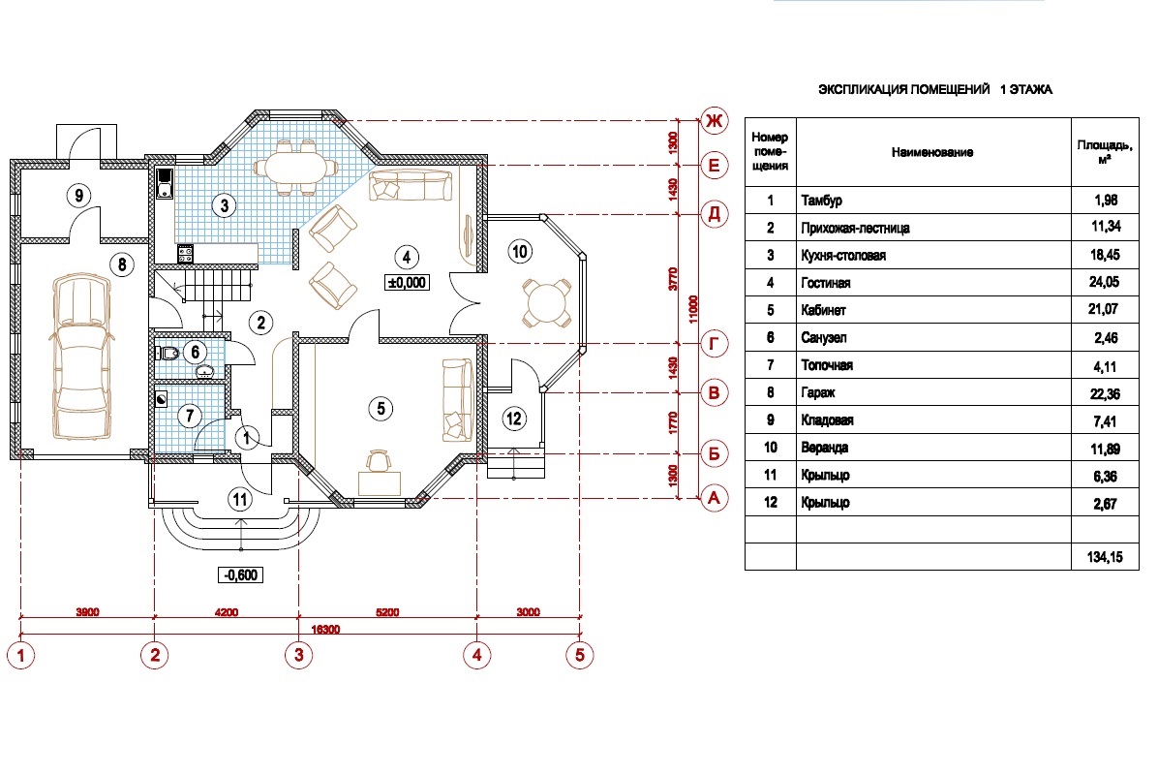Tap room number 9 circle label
78,195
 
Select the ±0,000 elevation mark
407,282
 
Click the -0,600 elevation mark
241,575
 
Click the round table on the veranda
546,302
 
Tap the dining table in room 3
296,167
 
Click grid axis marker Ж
714,120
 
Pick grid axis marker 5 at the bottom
580,655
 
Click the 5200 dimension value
387,612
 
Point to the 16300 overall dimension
325,630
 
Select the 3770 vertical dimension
673,279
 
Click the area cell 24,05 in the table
1105,282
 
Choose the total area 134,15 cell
1105,556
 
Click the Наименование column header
932,152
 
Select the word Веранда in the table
825,448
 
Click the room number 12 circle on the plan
514,419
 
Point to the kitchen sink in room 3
165,184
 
